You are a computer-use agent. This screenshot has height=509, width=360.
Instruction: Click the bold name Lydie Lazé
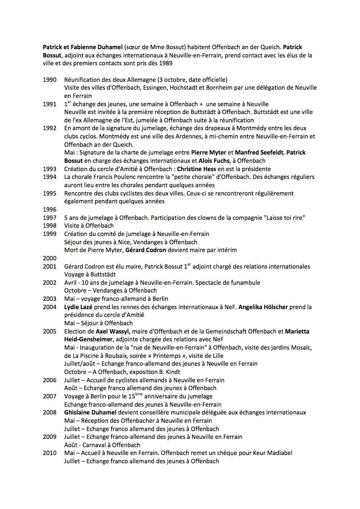pos(79,307)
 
